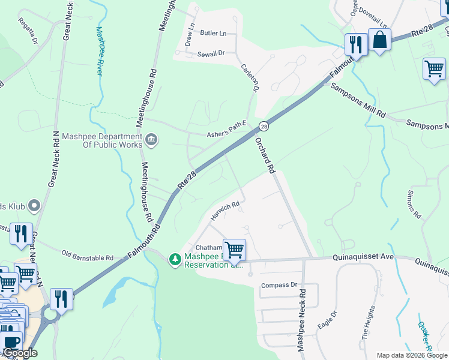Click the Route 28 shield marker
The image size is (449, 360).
(x=264, y=126)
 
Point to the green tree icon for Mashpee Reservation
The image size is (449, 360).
(x=175, y=259)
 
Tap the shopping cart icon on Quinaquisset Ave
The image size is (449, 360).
(x=234, y=248)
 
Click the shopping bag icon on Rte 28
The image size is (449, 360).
(x=379, y=40)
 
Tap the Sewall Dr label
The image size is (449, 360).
(x=211, y=54)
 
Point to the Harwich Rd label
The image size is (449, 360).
(x=225, y=211)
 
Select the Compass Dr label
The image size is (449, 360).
(x=279, y=286)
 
